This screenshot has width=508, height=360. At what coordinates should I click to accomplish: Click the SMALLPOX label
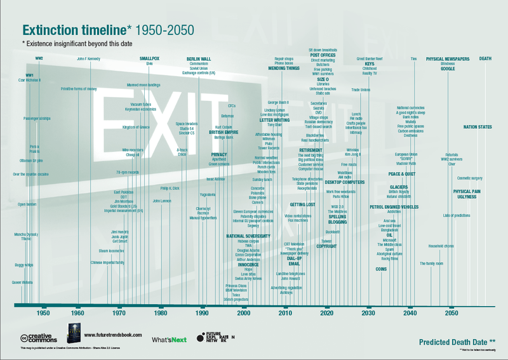tap(150, 58)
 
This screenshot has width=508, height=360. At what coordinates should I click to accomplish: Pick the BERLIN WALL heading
tap(199, 58)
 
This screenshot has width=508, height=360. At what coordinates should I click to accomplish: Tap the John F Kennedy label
tap(90, 58)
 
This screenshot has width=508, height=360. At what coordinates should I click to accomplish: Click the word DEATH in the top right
tap(485, 58)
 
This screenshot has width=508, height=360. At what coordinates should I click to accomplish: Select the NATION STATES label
tap(478, 127)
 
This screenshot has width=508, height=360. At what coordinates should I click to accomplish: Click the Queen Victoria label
tap(22, 282)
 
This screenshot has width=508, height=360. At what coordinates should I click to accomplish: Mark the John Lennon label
tap(163, 201)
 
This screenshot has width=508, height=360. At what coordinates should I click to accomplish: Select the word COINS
tap(381, 269)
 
